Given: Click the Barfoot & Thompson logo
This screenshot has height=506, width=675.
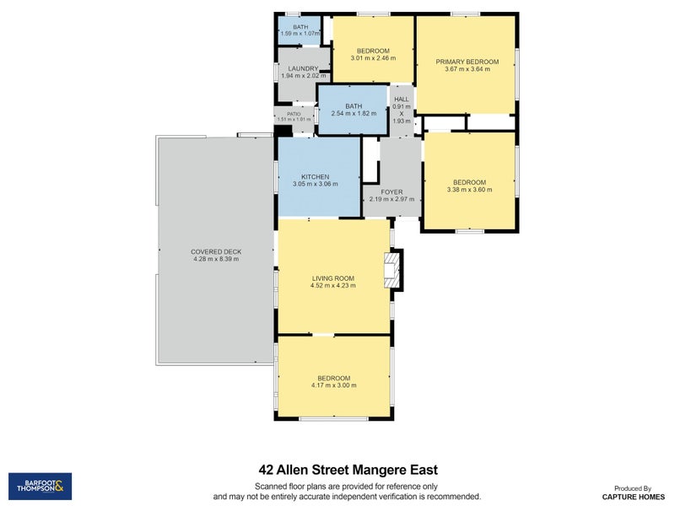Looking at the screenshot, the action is pos(40,487).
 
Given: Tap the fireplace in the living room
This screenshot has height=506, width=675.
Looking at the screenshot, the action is pos(391,270).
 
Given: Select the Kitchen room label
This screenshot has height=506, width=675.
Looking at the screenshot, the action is pos(315,177).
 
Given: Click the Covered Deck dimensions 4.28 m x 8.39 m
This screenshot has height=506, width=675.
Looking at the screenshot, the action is pos(216,259).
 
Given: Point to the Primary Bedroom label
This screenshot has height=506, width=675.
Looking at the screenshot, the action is pos(467,62).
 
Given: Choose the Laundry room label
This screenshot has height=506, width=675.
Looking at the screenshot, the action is pos(303,69).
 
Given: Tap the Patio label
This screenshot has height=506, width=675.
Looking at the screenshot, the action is pos(294,114).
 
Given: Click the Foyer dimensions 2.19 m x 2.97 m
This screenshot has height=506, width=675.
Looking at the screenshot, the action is pos(391,199).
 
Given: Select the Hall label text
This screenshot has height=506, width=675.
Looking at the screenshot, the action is pos(402,99).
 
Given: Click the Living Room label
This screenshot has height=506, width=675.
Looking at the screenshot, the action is pos(333,278).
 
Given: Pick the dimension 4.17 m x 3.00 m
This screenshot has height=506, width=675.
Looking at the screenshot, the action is pos(333,385).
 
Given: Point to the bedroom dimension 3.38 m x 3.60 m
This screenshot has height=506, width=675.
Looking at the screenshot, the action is pos(470,189).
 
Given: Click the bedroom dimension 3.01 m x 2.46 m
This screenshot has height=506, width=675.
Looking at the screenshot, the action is pos(373,58).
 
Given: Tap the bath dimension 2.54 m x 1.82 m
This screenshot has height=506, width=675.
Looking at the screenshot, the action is pos(354,114).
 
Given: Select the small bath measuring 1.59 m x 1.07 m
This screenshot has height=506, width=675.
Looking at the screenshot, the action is pos(300,30).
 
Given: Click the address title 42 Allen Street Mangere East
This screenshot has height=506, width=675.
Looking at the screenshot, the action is pos(348,470).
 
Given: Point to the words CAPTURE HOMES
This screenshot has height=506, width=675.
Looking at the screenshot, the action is pos(634,497).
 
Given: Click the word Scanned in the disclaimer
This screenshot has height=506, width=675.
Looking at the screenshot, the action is pos(271,487).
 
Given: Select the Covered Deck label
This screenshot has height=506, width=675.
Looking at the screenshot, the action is pos(216,251).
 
